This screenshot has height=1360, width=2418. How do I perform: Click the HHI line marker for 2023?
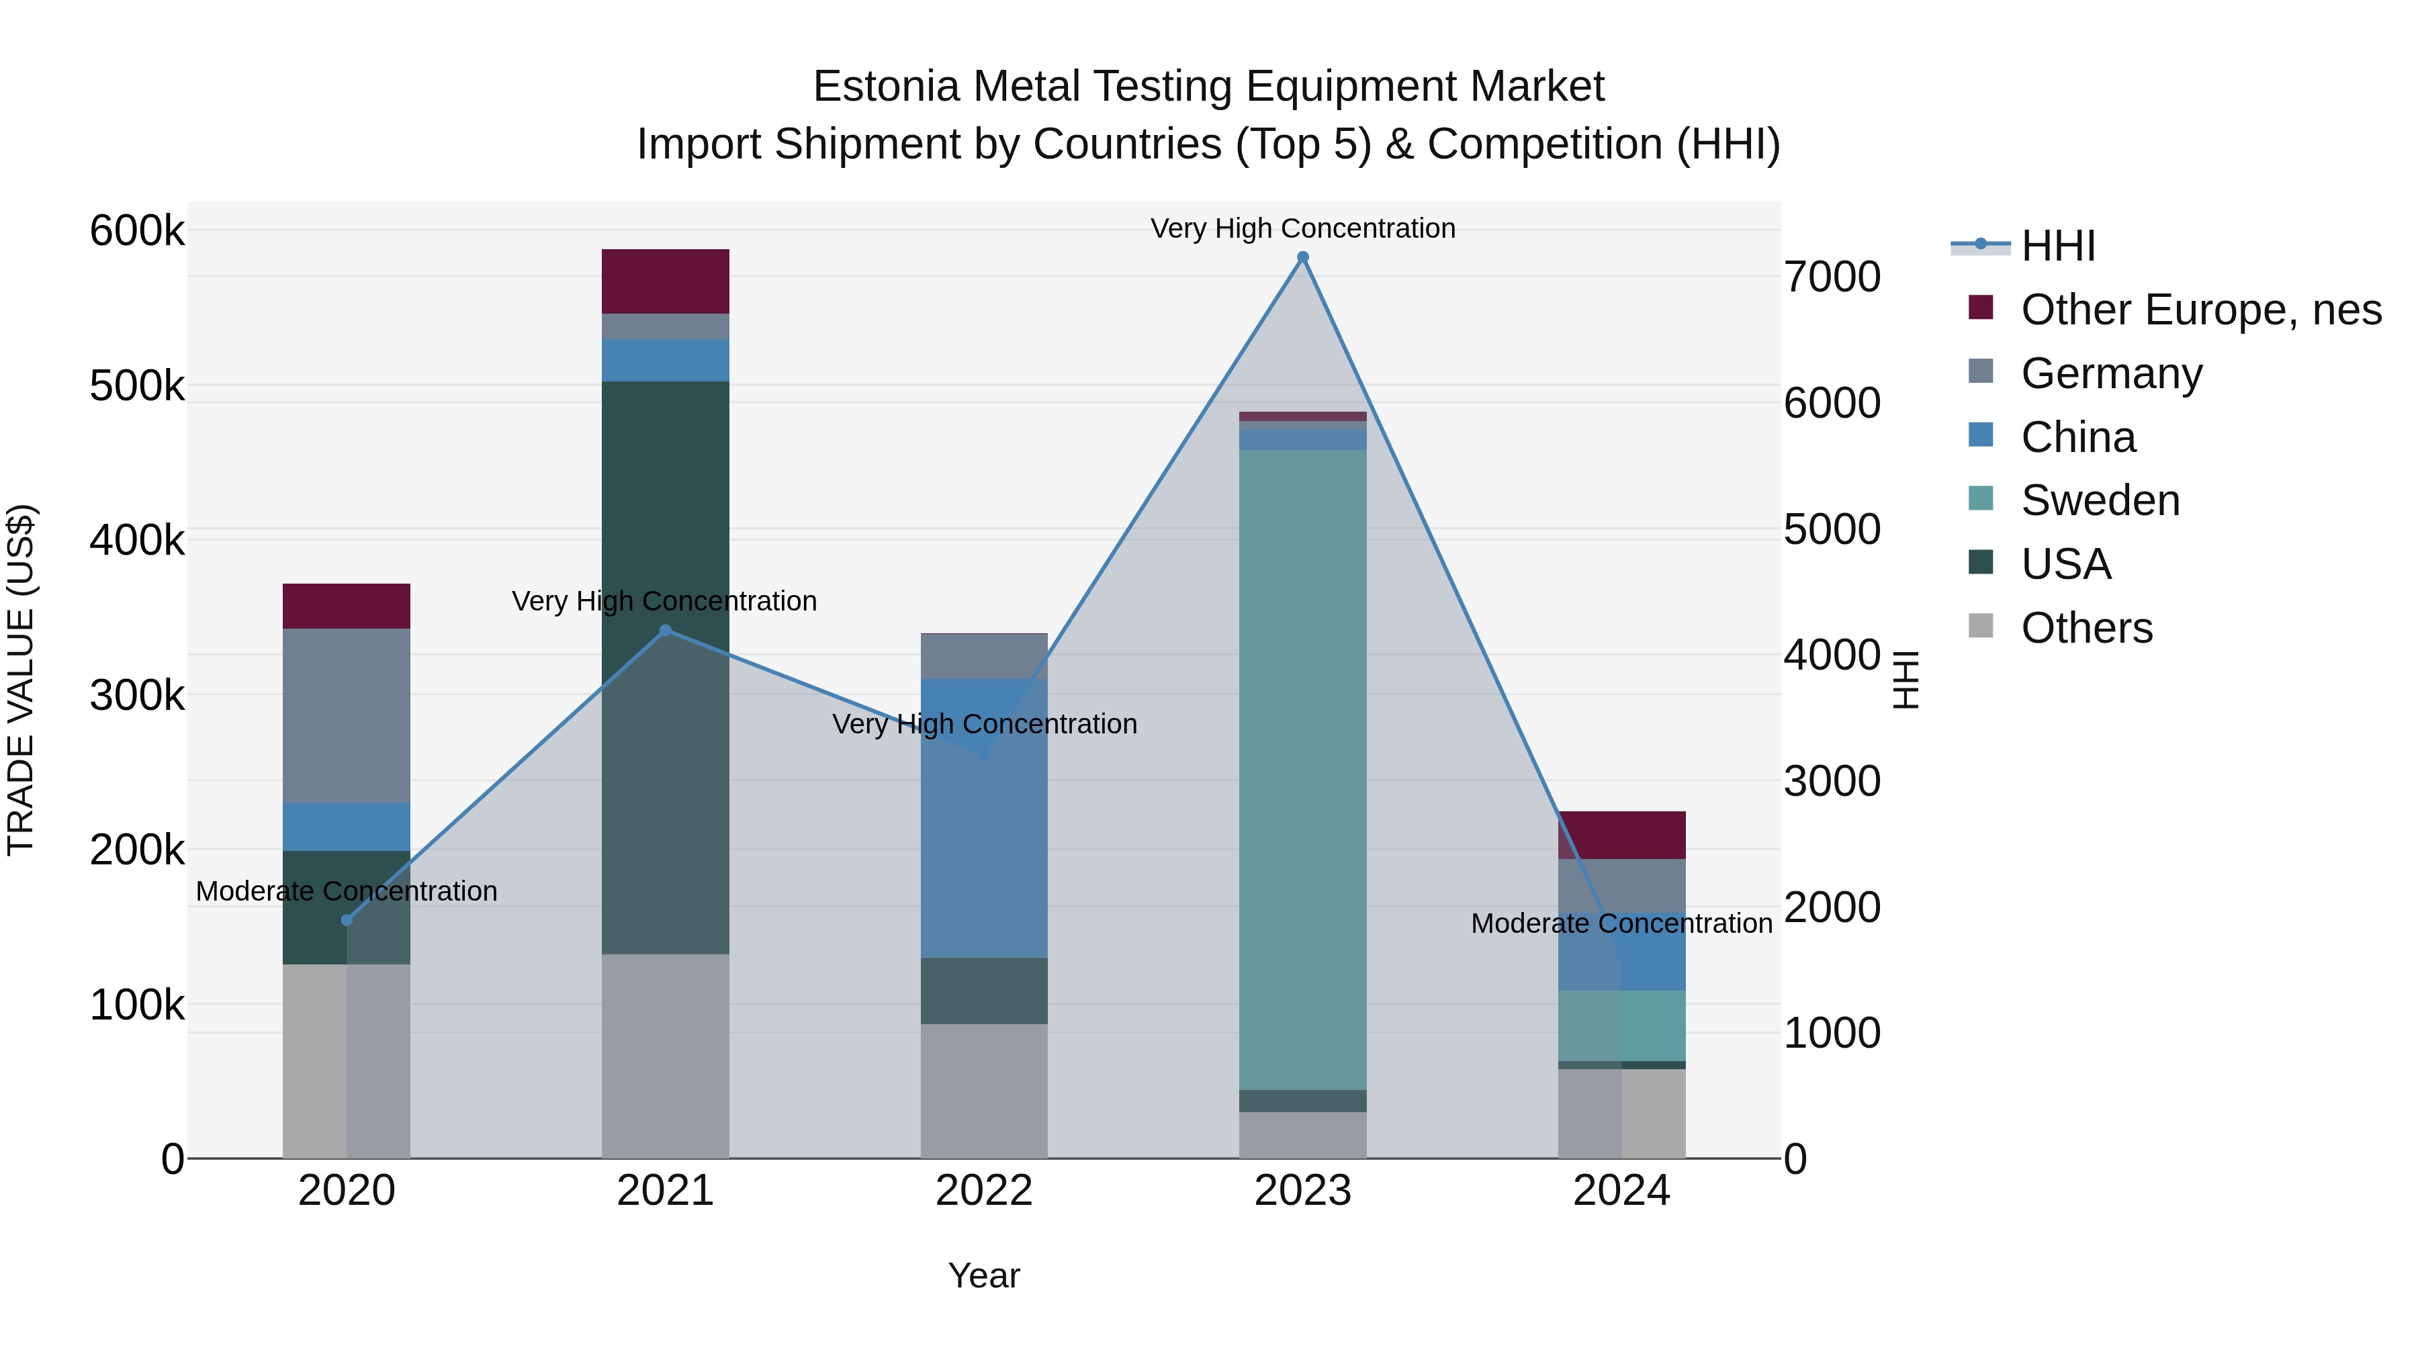1303,257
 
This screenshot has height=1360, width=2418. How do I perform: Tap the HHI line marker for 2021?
666,630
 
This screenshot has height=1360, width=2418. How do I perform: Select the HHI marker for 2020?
347,920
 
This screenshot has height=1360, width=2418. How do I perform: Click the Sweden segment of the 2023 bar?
1303,770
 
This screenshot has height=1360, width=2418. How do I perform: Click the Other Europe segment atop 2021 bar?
666,281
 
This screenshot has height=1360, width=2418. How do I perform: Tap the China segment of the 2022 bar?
984,817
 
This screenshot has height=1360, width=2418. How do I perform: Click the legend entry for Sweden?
2100,500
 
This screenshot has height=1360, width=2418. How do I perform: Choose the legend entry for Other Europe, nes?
2200,310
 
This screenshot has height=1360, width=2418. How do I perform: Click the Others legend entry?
2086,628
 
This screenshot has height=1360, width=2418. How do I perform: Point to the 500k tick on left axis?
137,386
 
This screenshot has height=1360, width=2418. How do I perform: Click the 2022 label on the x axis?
984,1191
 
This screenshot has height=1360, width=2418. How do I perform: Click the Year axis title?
984,1275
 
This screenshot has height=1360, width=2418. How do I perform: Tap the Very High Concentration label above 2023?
1303,228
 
